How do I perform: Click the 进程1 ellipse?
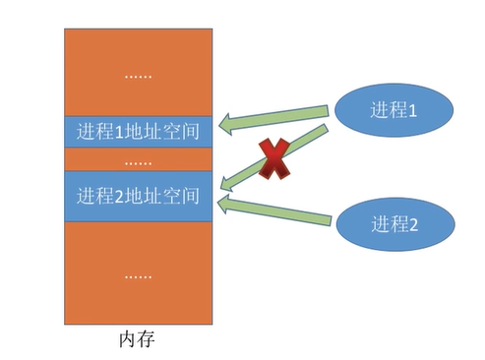coord(394,111)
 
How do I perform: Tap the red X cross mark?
coord(274,160)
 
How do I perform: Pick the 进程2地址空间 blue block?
coord(138,196)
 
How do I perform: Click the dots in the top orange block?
coord(138,75)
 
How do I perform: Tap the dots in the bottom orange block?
coord(138,275)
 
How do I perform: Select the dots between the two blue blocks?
coord(138,160)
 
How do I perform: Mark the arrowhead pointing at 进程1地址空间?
coord(228,123)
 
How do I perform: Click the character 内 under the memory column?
coord(127,340)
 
